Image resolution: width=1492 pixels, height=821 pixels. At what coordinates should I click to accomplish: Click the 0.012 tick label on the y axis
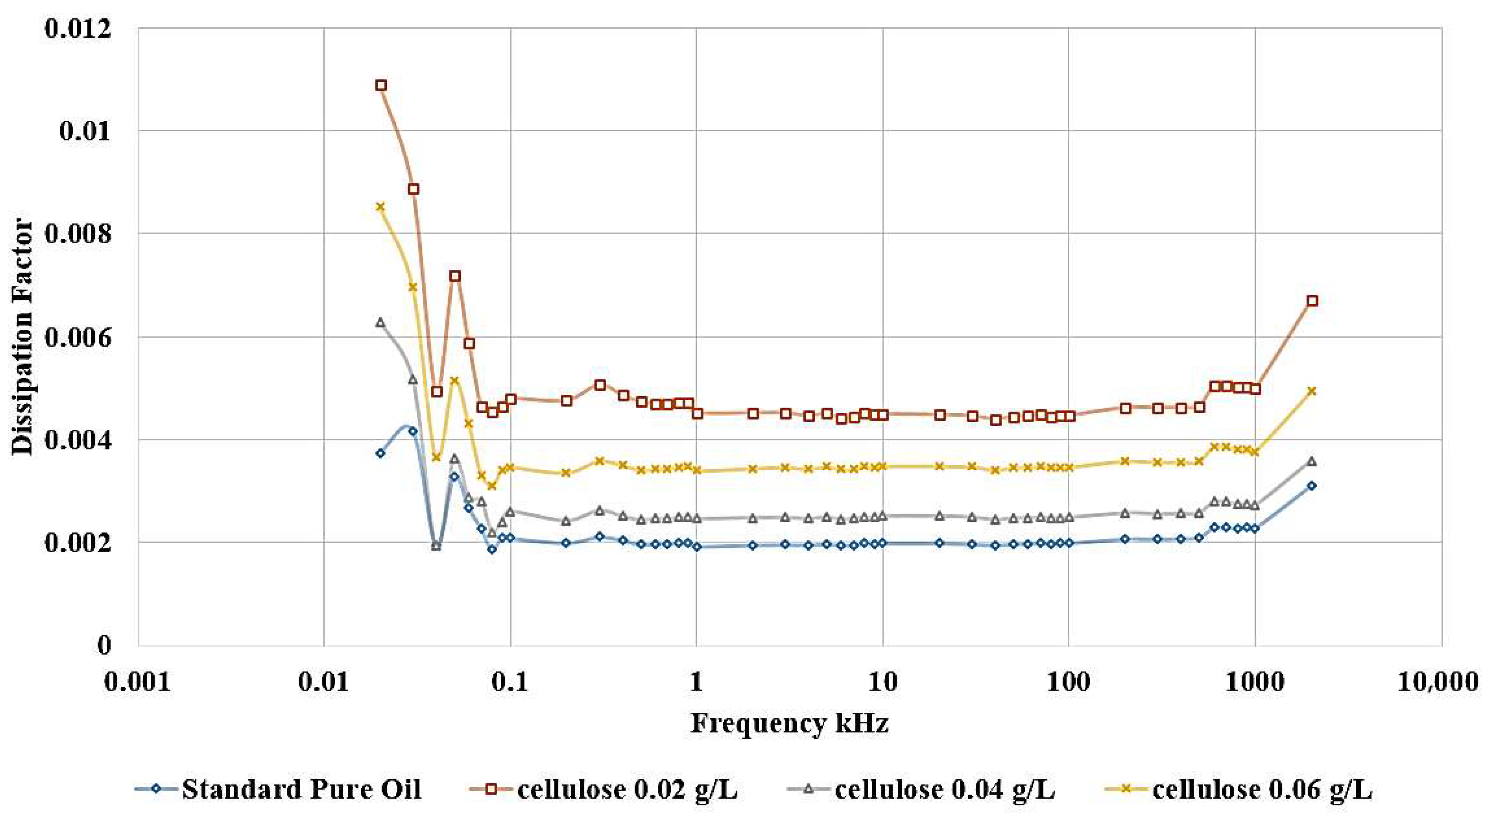[x=78, y=28]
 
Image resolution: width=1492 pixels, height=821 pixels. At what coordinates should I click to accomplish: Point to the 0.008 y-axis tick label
[x=78, y=234]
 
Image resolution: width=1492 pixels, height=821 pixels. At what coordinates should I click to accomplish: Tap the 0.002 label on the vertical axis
[x=78, y=544]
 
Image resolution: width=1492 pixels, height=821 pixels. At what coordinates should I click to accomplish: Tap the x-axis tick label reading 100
[x=1069, y=682]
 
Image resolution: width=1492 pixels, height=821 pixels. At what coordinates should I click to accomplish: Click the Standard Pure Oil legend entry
[x=301, y=790]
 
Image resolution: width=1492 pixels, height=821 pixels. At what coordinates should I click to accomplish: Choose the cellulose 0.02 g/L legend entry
[x=627, y=790]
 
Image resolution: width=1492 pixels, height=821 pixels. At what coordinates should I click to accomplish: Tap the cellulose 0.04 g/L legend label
[x=944, y=790]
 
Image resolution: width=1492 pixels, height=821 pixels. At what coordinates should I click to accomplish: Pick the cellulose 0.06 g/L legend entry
[x=1261, y=790]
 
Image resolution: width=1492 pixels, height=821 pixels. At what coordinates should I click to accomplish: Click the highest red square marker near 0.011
[x=380, y=85]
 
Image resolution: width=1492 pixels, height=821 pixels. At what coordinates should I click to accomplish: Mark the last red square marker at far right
[x=1313, y=301]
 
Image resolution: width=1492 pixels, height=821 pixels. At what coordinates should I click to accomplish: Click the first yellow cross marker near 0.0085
[x=380, y=207]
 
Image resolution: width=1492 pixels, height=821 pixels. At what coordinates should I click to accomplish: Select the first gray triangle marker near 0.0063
[x=380, y=322]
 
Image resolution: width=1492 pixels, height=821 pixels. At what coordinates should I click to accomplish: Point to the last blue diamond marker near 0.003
[x=1312, y=486]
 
